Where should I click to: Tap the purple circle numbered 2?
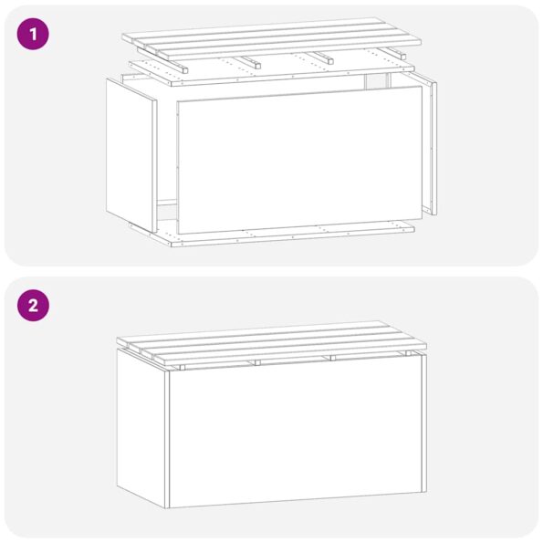click(33, 306)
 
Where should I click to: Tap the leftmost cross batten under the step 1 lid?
click(183, 68)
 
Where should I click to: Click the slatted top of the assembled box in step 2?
click(272, 343)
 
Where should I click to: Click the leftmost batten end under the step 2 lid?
click(182, 367)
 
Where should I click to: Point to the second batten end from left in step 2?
click(257, 363)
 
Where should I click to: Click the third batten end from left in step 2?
click(332, 359)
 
